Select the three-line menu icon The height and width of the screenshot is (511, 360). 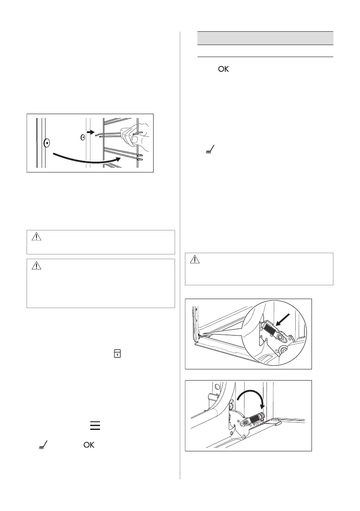coord(95,425)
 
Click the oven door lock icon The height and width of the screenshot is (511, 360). coord(116,353)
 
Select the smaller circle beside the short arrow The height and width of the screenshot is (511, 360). coord(83,138)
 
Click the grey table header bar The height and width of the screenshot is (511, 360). coord(265,38)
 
